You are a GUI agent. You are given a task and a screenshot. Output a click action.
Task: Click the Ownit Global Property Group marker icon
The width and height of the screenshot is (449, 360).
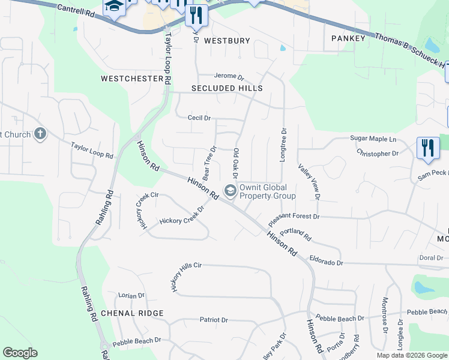pos(230,191)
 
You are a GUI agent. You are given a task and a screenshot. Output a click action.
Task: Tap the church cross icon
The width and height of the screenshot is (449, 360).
pos(40,133)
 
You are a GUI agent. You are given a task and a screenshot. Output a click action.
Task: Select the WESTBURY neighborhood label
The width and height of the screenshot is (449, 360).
pos(226,41)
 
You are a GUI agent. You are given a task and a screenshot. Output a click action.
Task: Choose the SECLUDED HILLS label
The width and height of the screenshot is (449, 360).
pos(227,88)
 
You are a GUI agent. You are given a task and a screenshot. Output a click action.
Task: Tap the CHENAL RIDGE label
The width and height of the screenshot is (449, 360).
pos(132,313)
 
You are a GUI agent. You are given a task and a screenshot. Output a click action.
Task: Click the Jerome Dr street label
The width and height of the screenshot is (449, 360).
pos(230,77)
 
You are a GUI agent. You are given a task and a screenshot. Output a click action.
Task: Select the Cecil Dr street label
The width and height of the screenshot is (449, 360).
pos(199,118)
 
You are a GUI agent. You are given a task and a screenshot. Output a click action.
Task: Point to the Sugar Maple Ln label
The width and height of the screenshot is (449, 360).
pos(373,139)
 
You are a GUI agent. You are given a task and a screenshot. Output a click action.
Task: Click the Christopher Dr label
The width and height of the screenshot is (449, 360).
pos(378,154)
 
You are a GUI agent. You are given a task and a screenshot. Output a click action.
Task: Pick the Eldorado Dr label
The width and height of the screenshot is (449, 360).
pos(326,262)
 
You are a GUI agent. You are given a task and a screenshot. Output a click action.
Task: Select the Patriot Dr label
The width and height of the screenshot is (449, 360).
pos(214,320)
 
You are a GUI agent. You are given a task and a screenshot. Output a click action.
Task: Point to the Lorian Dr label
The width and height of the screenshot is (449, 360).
pos(131,296)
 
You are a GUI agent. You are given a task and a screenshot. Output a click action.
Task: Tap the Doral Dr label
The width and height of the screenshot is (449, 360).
pos(431,258)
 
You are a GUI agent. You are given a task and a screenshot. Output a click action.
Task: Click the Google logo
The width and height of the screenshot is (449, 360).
pos(20,353)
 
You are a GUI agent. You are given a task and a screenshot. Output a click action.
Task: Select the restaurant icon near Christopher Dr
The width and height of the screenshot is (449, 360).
pos(428,147)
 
